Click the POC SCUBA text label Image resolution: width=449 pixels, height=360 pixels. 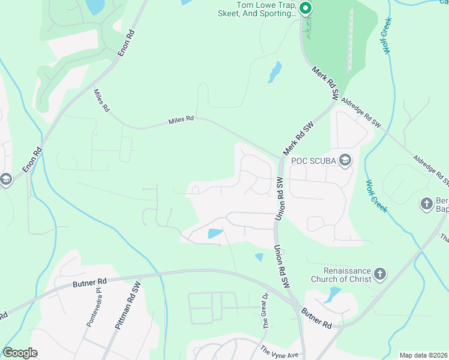pyautogui.click(x=313, y=160)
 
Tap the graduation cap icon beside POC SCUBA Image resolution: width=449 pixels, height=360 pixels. pyautogui.click(x=345, y=160)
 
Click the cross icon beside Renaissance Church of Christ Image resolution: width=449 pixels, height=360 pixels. pyautogui.click(x=379, y=275)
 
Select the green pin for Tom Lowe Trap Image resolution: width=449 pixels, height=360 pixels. pyautogui.click(x=305, y=8)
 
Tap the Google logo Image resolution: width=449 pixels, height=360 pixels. pyautogui.click(x=20, y=353)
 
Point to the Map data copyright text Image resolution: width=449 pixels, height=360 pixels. pyautogui.click(x=423, y=355)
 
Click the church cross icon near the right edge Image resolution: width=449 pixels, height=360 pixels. pyautogui.click(x=427, y=203)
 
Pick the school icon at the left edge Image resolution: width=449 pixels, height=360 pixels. pyautogui.click(x=5, y=179)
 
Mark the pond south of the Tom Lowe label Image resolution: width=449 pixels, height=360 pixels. pyautogui.click(x=275, y=72)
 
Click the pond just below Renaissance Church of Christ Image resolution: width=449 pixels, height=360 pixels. pyautogui.click(x=332, y=294)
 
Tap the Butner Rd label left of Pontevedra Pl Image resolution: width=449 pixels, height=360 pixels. pyautogui.click(x=89, y=281)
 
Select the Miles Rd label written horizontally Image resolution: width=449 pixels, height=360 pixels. pyautogui.click(x=181, y=120)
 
